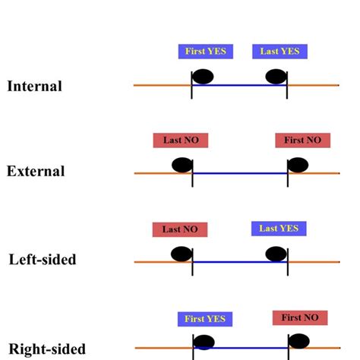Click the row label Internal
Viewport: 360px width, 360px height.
click(34, 86)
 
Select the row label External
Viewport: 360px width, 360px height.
click(36, 172)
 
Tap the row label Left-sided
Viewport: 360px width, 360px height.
click(43, 260)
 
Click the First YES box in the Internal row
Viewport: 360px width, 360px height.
click(206, 52)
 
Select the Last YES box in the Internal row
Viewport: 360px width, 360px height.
click(279, 52)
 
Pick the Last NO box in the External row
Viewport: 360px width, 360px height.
click(181, 141)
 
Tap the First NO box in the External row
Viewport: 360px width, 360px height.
click(303, 141)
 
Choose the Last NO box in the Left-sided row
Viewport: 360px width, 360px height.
click(180, 229)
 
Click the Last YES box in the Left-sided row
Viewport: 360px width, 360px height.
click(278, 228)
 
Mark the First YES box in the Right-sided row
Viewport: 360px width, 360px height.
click(205, 319)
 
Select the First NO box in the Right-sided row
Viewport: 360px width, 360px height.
click(299, 317)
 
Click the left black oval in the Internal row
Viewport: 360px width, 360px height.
click(203, 76)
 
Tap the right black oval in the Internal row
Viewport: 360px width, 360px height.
click(276, 76)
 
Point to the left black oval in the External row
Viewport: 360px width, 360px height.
click(182, 165)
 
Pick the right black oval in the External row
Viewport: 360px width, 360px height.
click(298, 165)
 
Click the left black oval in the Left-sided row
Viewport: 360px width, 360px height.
click(180, 254)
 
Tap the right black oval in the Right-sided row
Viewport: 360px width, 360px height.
click(298, 341)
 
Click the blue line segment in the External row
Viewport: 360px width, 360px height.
click(239, 174)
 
